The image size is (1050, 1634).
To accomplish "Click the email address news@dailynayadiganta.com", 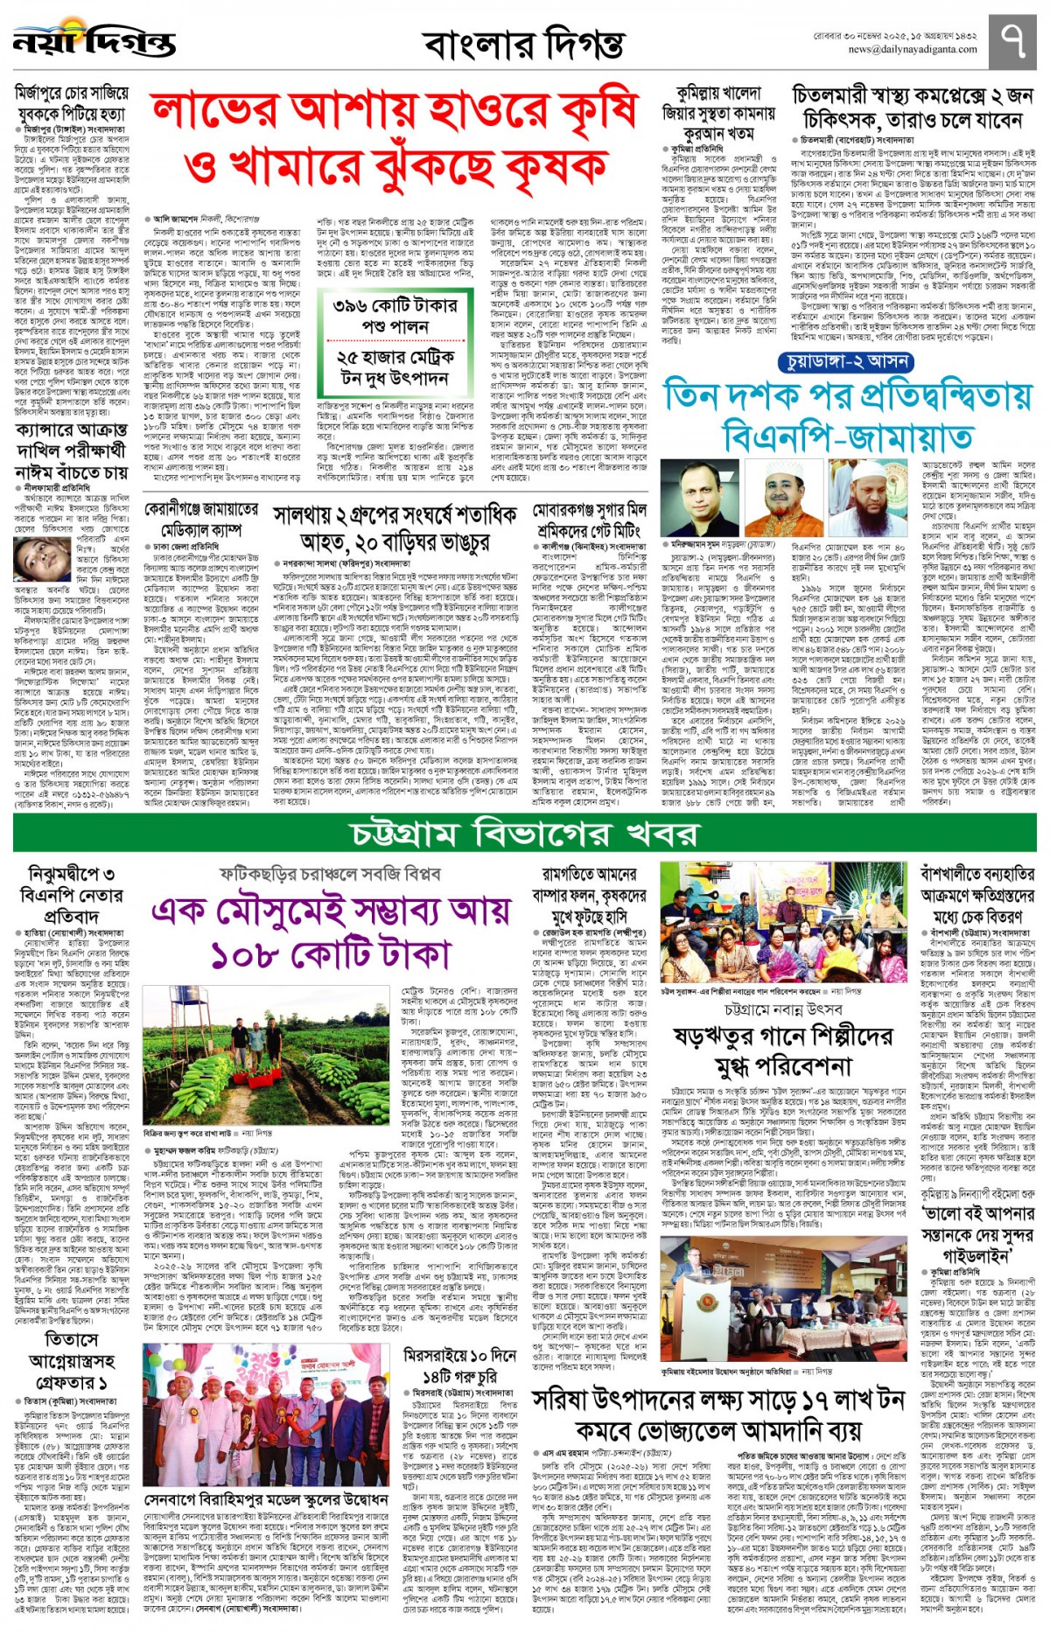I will point(900,50).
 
